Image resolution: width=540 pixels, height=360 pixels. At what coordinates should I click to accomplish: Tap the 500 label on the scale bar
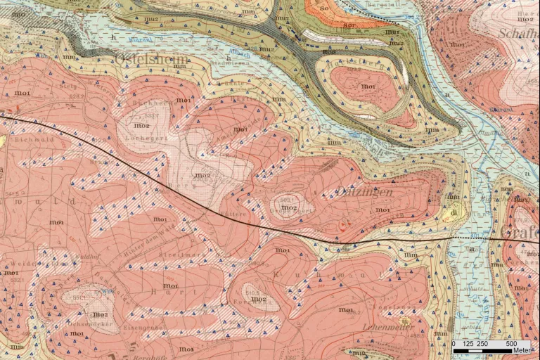point(512,344)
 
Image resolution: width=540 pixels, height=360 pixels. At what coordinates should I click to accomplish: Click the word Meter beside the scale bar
point(521,350)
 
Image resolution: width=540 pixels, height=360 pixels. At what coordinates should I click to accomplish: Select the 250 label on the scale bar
point(482,344)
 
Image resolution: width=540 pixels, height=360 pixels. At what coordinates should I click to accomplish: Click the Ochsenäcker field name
point(87,324)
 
